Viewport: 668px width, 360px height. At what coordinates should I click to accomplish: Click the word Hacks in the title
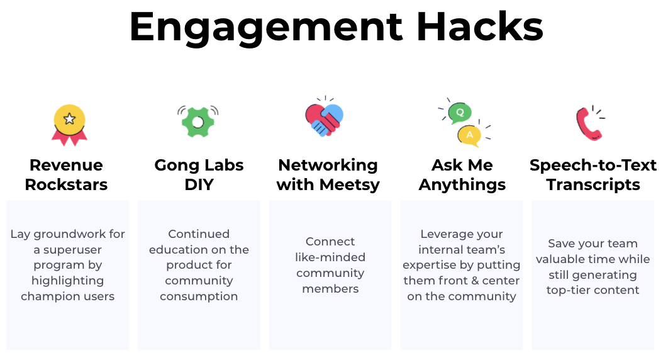(479, 26)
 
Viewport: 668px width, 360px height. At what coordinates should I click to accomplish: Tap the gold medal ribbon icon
(69, 125)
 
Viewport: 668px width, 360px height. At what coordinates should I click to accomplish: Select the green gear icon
(198, 121)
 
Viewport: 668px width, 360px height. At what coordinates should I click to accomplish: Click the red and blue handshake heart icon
(324, 118)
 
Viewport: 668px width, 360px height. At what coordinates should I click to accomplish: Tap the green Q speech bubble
(460, 112)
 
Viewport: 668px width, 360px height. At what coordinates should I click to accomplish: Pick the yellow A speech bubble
(469, 134)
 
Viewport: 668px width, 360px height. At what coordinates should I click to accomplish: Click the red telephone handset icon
(589, 123)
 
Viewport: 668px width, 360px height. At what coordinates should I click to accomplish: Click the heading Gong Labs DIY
(199, 175)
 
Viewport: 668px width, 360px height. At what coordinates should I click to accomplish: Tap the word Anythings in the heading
(462, 184)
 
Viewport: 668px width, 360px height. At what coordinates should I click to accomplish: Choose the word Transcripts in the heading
(593, 184)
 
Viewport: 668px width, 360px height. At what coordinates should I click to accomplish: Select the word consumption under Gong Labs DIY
(199, 296)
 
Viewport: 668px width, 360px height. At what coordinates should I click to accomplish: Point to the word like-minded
(330, 257)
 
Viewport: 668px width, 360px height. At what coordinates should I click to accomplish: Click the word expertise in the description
(431, 265)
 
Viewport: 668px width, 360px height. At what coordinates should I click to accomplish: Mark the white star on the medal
(69, 118)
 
